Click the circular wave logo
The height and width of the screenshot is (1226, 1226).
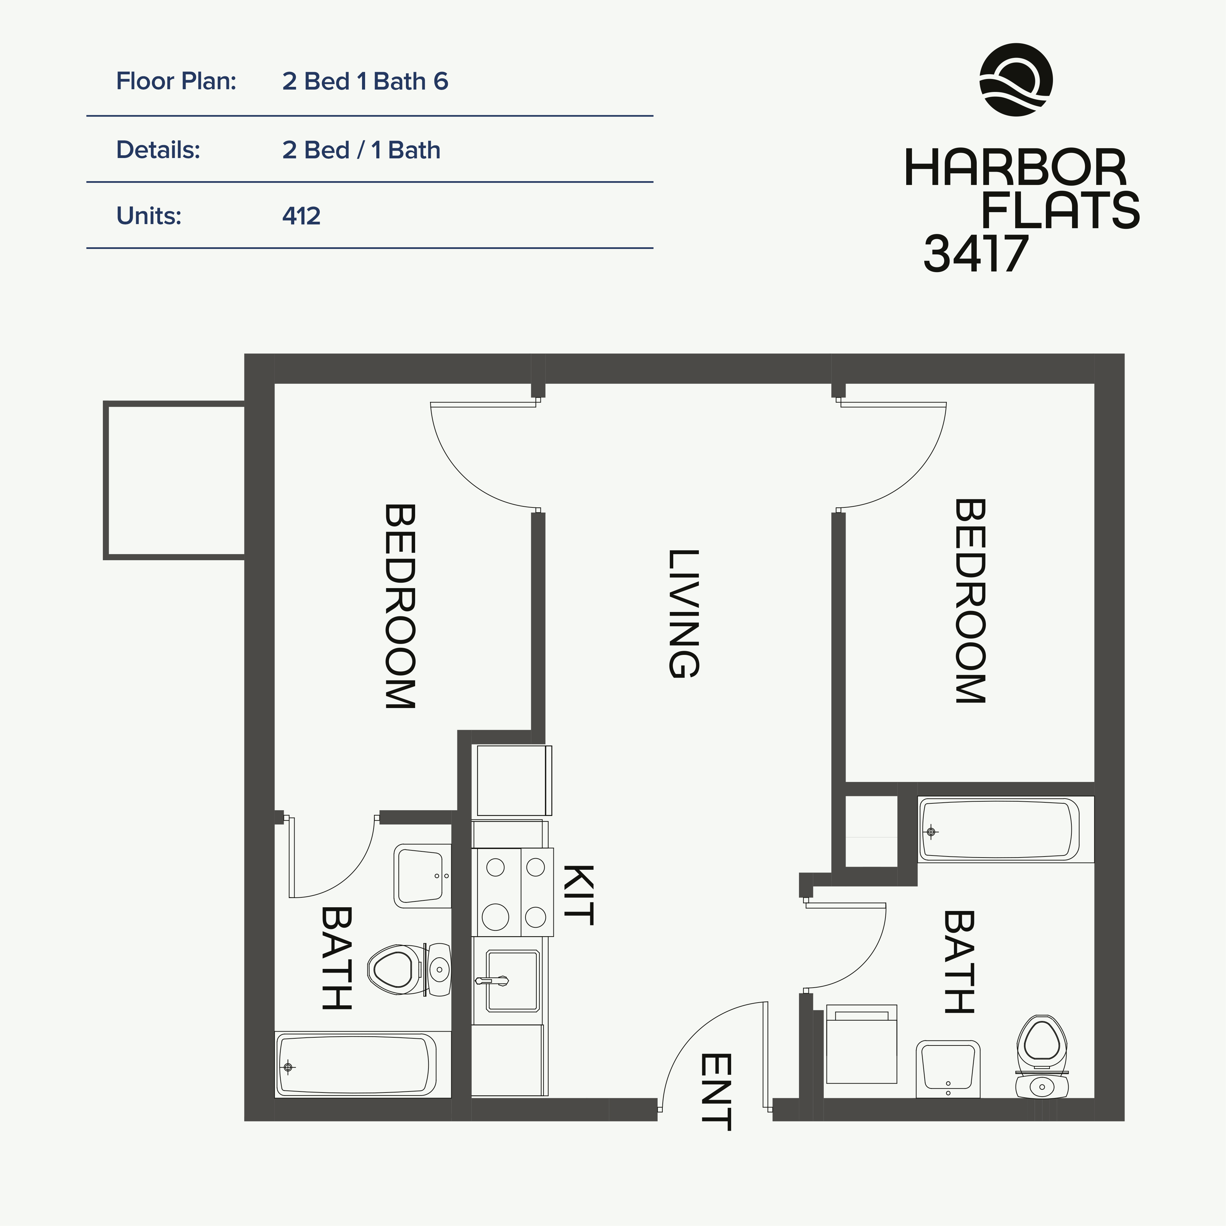[1016, 80]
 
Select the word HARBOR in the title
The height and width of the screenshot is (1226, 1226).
[1015, 169]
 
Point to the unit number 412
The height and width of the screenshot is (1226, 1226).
[301, 216]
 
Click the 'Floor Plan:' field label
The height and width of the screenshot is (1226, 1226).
[176, 81]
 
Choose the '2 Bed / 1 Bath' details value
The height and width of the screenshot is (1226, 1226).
[361, 151]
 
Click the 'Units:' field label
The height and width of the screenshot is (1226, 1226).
[148, 216]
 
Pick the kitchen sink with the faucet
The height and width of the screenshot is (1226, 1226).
[512, 980]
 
